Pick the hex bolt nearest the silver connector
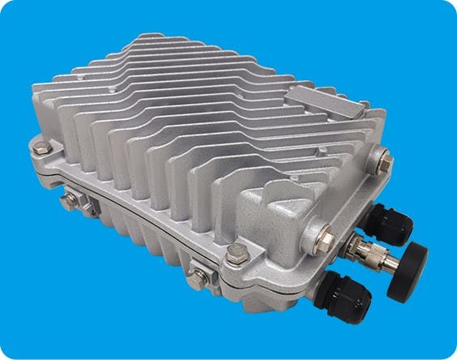click(325, 235)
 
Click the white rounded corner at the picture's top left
click(3, 3)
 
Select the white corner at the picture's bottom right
click(453, 356)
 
